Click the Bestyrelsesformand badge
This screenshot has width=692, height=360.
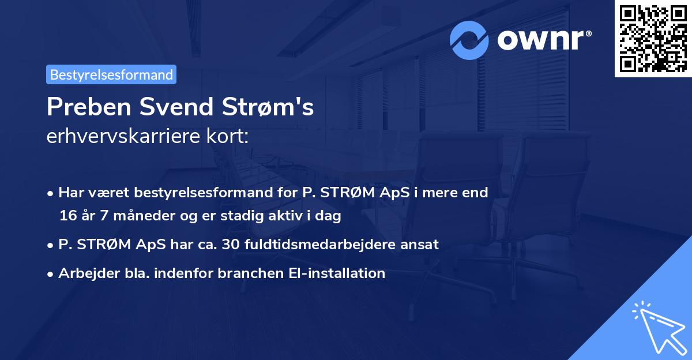point(111,74)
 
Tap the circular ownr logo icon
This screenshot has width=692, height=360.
point(469,40)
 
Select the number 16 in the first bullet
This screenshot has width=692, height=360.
point(66,216)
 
